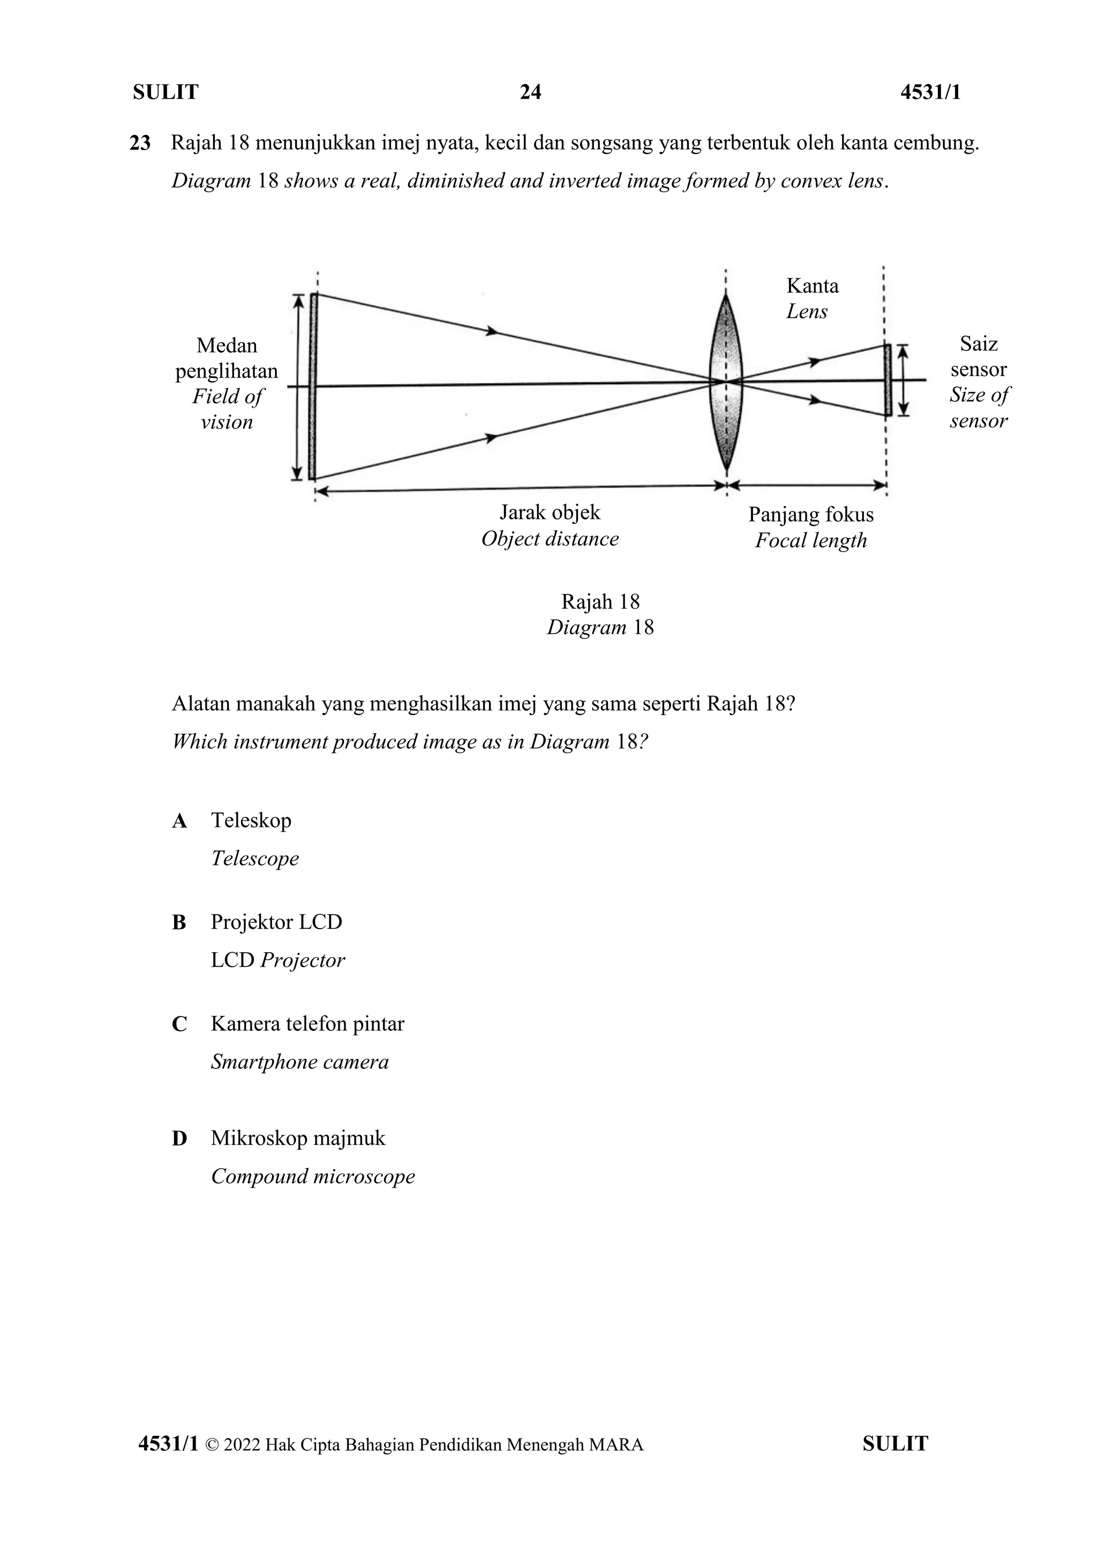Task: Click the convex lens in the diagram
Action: coord(726,382)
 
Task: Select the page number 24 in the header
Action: coord(530,92)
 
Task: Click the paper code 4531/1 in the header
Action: coord(930,92)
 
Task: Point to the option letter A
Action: coord(179,821)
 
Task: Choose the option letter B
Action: coord(179,922)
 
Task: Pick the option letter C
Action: coord(179,1024)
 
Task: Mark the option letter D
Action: coord(179,1138)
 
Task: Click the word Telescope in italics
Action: coord(254,859)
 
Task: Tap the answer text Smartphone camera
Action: coord(299,1062)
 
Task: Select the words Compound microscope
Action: coord(313,1176)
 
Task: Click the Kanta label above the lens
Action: coord(812,286)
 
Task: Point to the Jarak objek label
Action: coord(550,512)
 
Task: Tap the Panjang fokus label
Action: coord(810,515)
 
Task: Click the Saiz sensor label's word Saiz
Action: coord(978,344)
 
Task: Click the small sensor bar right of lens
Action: coord(888,380)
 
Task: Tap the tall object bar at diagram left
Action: coord(313,386)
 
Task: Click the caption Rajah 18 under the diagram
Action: coord(600,601)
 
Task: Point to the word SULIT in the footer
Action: coord(895,1444)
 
